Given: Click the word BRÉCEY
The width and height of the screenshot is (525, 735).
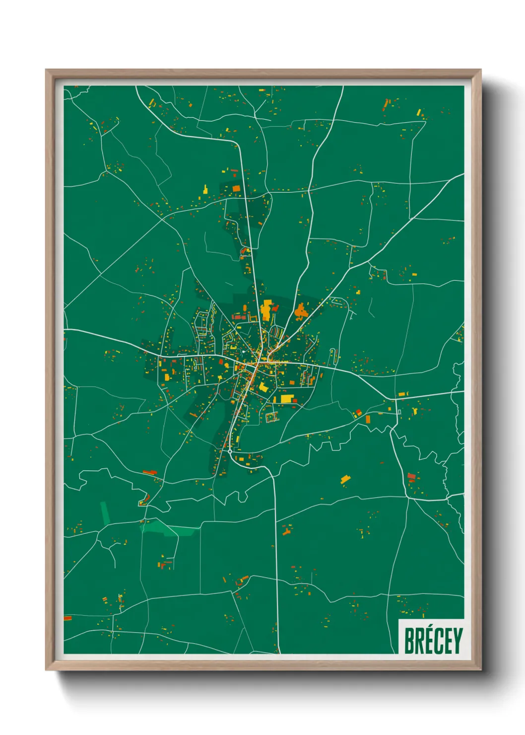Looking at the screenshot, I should pos(433,641).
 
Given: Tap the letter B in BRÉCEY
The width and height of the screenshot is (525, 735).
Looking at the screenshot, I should pos(409,641).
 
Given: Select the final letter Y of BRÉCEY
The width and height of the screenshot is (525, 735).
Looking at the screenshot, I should pos(457,641).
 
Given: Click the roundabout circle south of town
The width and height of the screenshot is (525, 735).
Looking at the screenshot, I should pos(230,452).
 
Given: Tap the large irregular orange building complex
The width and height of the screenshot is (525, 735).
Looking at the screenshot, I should pos(300,311).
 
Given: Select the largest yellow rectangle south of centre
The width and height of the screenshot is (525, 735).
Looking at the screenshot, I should pos(286,398).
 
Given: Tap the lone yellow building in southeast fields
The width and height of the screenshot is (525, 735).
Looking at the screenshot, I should pos(345,479).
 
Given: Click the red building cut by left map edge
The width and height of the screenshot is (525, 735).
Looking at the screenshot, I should pos(67,618).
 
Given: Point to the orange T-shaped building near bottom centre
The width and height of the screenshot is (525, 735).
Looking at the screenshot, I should pos(286,531).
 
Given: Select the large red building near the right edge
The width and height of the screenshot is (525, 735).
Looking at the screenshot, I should pos(411,476).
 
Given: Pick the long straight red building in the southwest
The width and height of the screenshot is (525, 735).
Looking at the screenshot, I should pos(149,472).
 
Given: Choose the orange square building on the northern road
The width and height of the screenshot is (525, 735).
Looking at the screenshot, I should pos(236,188).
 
